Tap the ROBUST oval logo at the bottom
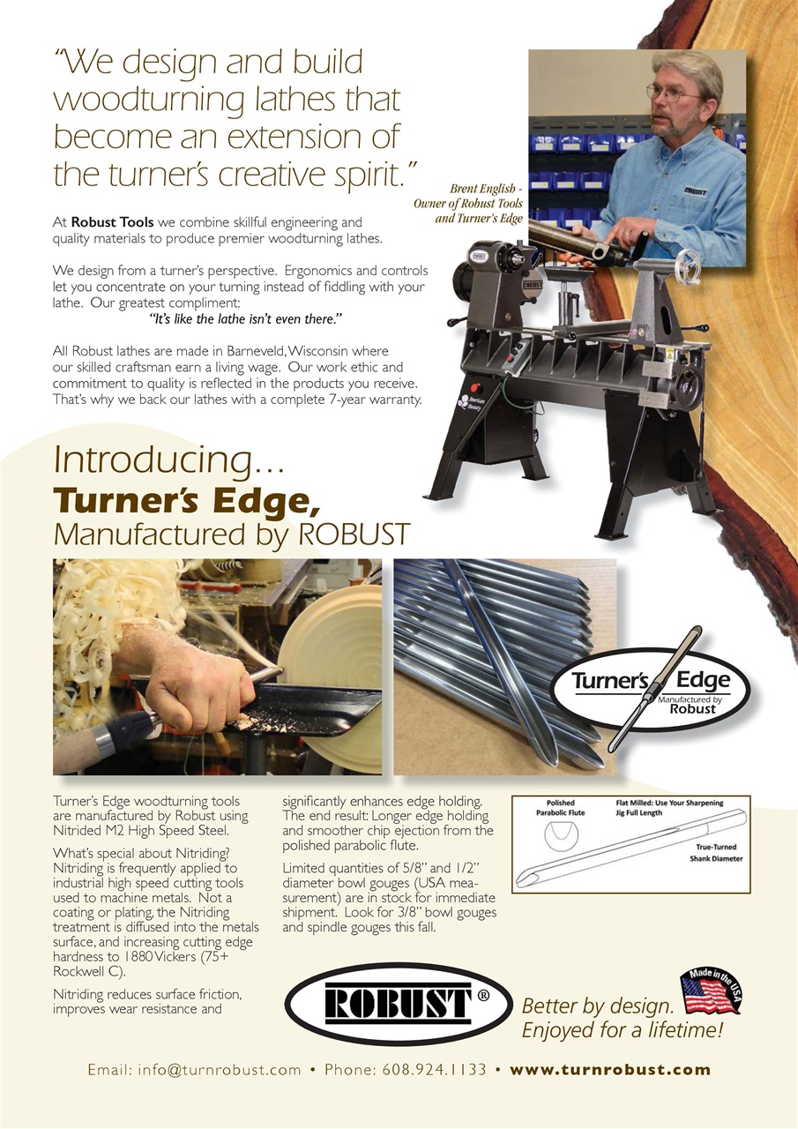(x=398, y=1004)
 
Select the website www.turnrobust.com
(x=610, y=1070)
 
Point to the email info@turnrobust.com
(x=194, y=1070)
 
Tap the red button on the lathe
(x=474, y=388)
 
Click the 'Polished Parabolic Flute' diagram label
(x=561, y=808)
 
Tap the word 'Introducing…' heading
(x=168, y=460)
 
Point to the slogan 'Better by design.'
(x=598, y=1006)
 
